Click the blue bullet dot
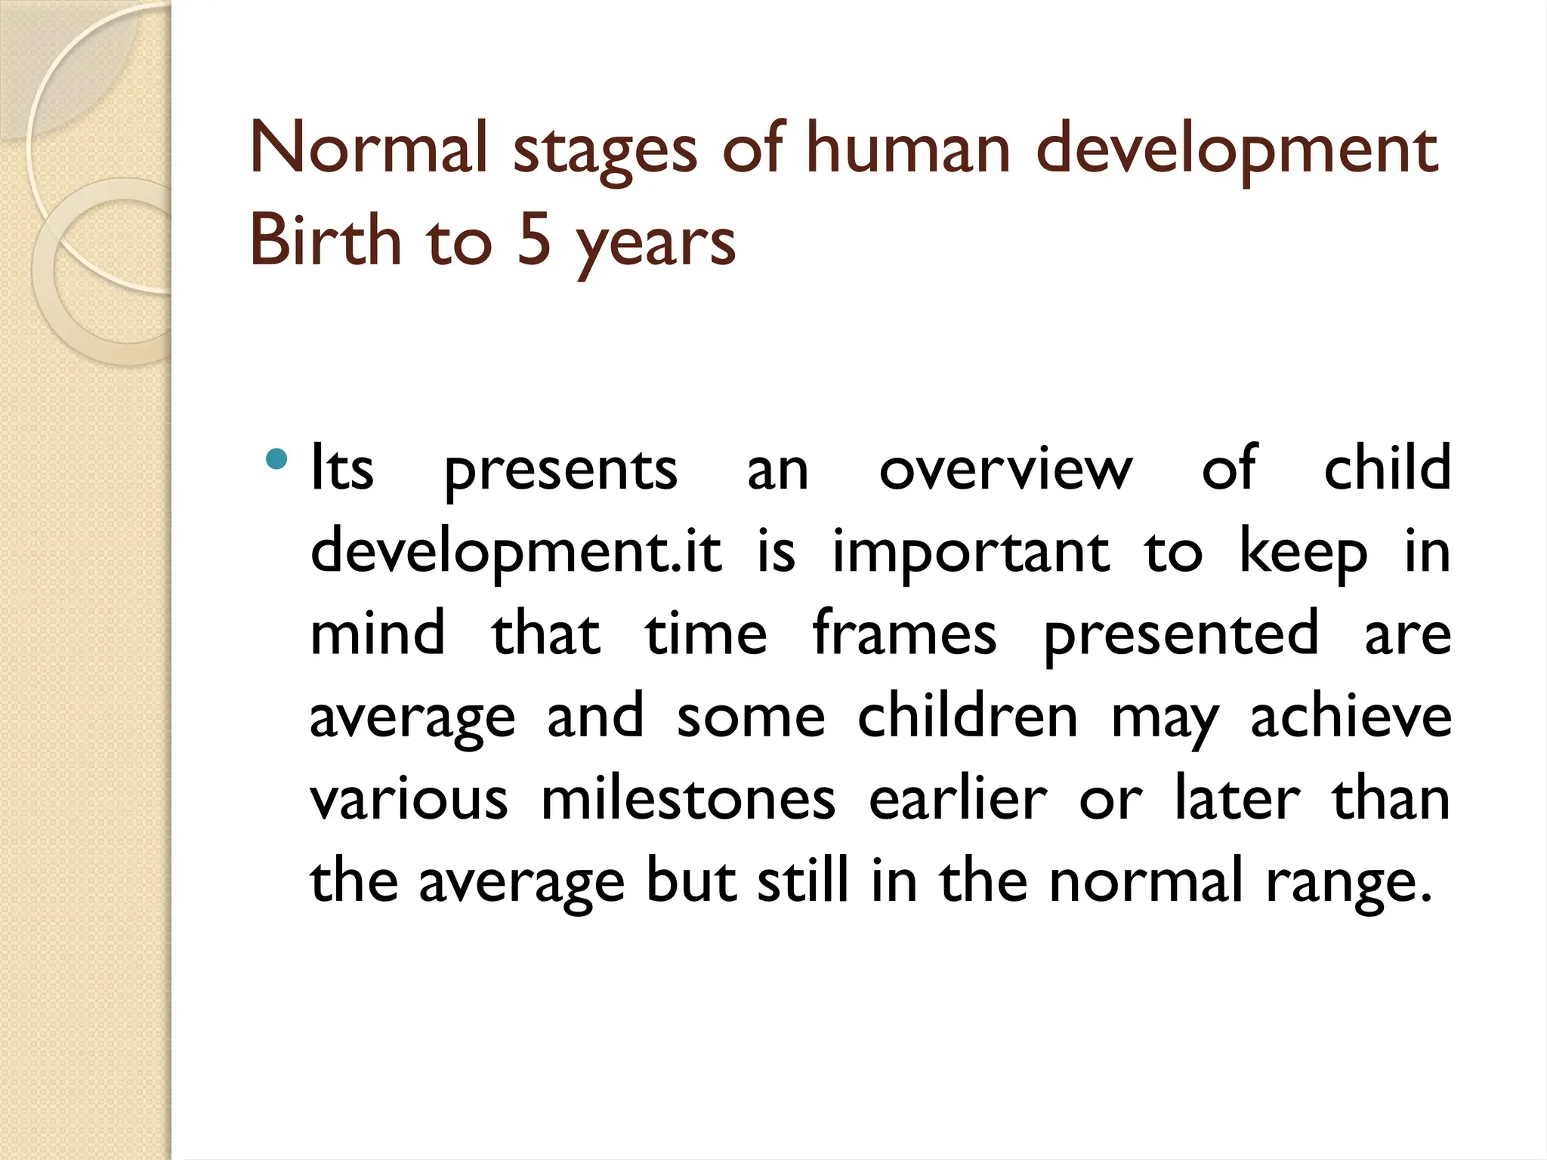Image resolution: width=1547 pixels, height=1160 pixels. point(277,458)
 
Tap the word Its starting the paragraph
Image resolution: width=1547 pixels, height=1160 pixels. point(342,468)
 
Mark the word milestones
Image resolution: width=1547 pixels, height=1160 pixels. point(688,798)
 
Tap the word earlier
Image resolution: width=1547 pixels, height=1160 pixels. point(958,798)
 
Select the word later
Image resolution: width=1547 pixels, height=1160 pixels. point(1237,798)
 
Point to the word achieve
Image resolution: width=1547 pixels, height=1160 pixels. point(1351,716)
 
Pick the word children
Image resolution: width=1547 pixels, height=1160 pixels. point(968,716)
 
